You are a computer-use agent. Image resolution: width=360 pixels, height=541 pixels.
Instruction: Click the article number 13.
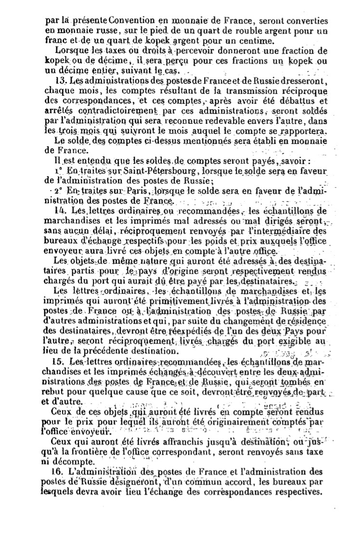click(61, 80)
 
